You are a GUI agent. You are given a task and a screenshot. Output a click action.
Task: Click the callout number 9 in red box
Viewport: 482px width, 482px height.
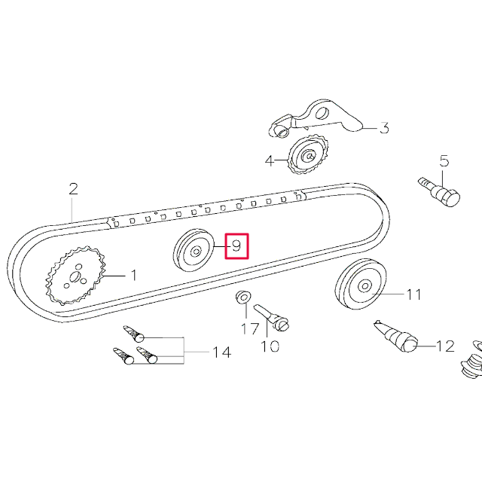[236, 246]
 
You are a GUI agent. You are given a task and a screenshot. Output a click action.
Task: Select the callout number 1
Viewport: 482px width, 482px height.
[133, 276]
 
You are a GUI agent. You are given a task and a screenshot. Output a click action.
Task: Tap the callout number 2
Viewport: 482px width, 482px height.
[73, 188]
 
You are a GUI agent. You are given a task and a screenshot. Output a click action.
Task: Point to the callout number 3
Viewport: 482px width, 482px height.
[383, 128]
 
